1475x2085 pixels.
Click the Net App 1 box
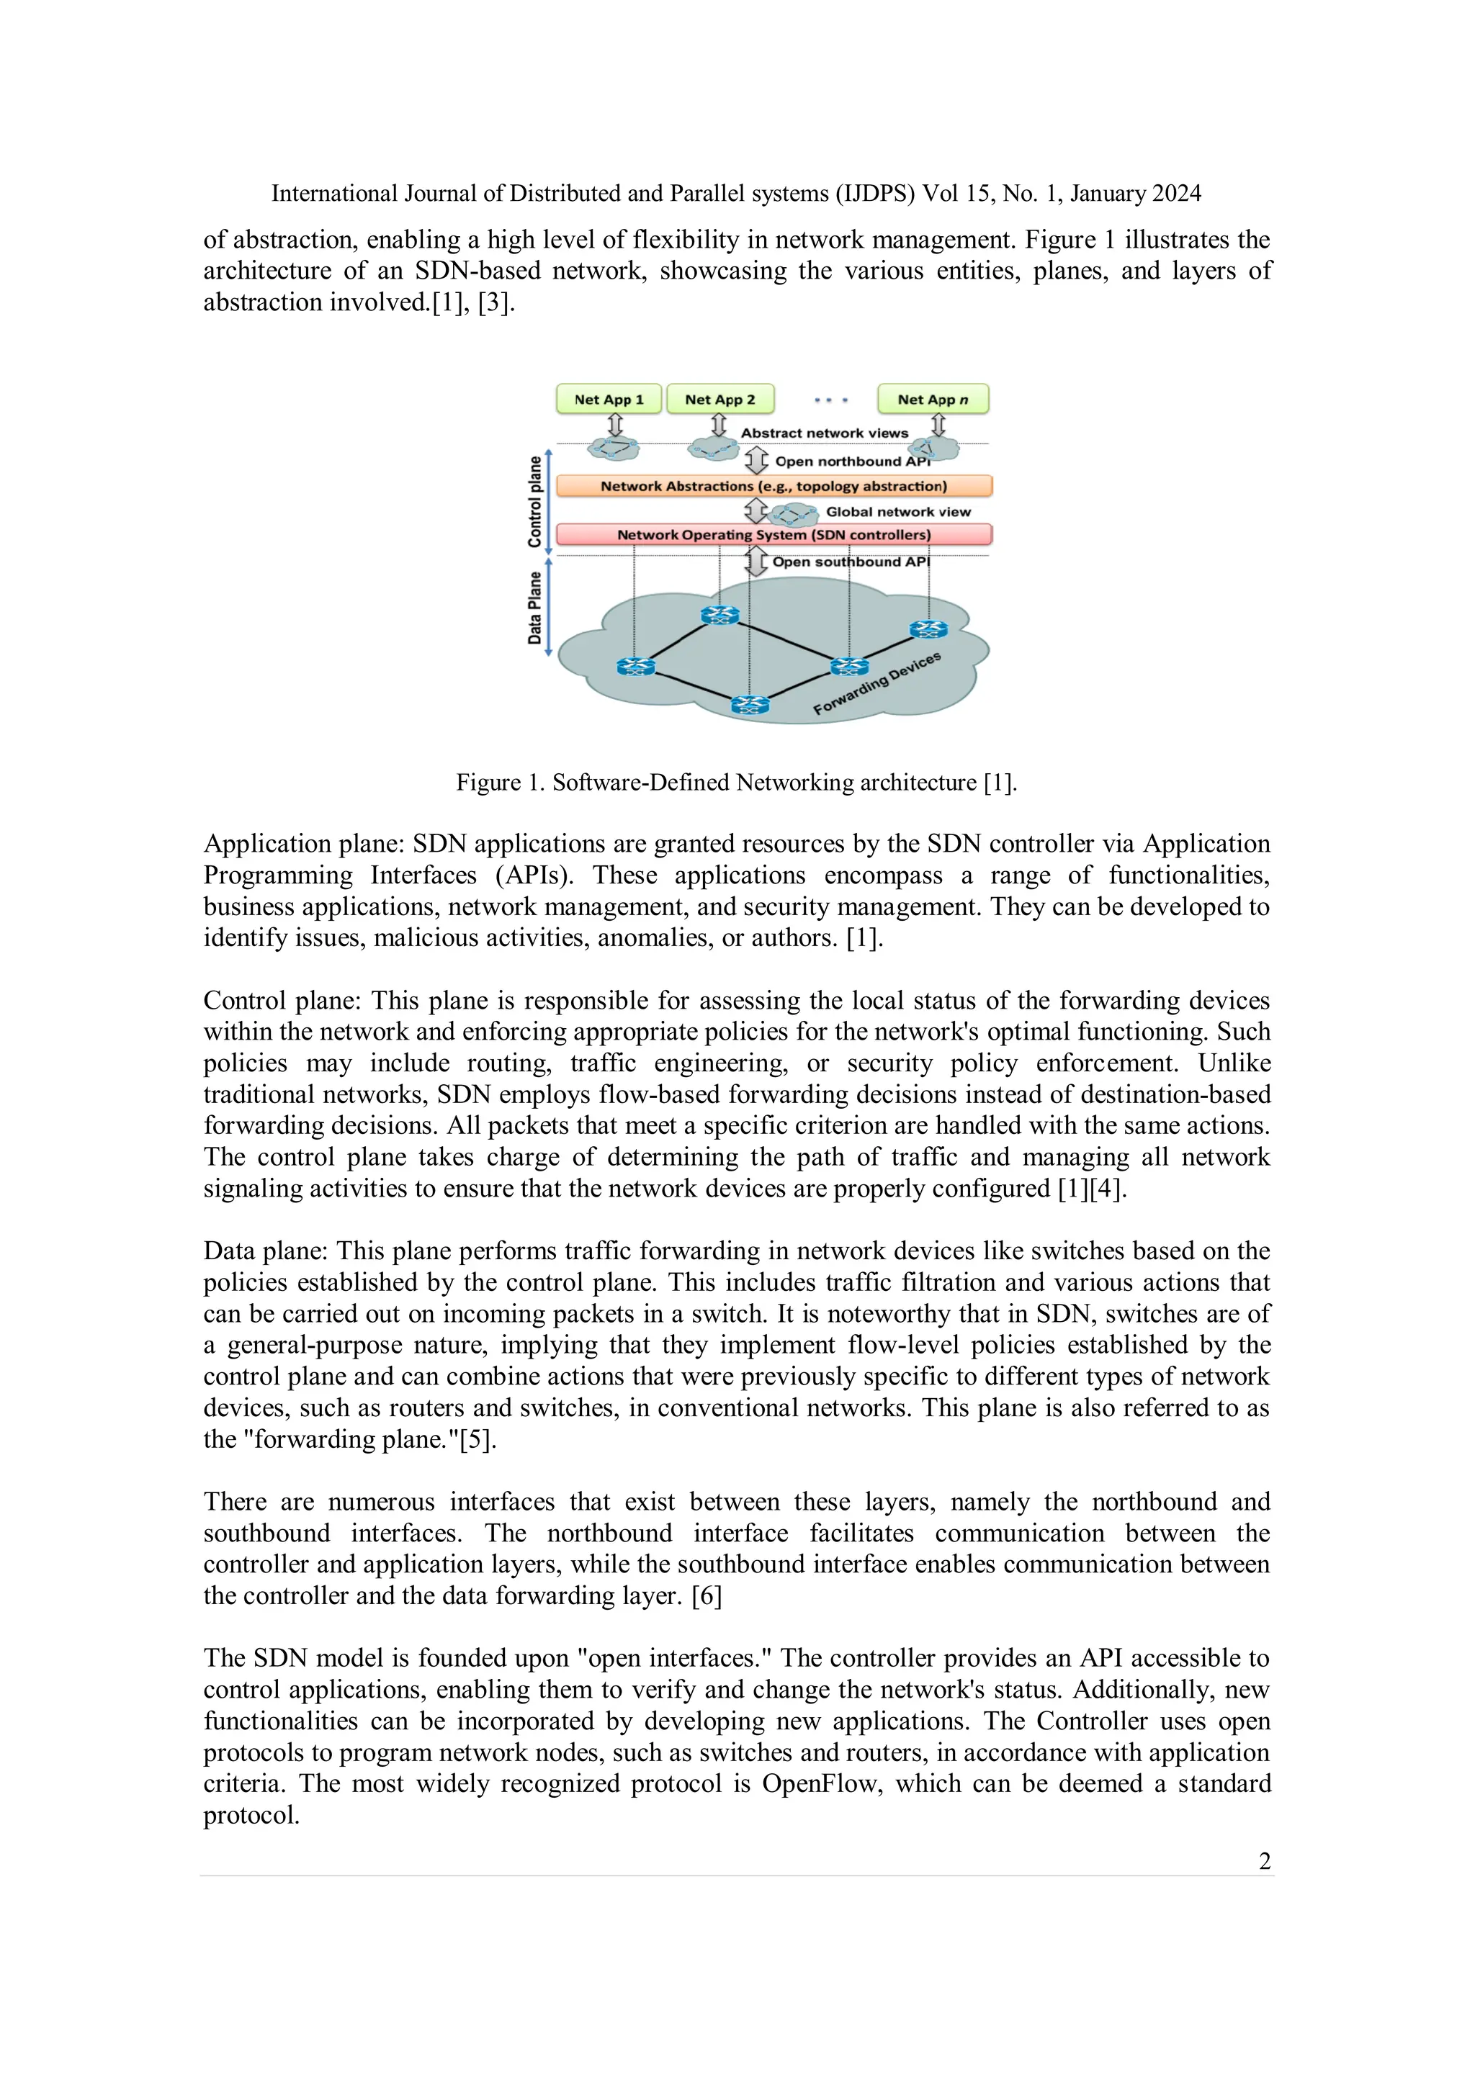click(x=609, y=400)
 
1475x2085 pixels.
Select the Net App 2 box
click(x=719, y=400)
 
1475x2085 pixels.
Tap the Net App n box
click(x=933, y=400)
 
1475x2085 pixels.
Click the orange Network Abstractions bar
click(x=774, y=487)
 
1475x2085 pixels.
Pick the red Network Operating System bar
click(x=774, y=535)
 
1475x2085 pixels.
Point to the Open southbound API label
click(x=851, y=562)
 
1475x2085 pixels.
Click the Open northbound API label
click(x=852, y=461)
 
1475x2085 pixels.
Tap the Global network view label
click(x=897, y=512)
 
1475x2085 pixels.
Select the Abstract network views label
click(x=824, y=433)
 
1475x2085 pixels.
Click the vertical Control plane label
click(x=535, y=501)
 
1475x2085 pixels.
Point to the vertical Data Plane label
click(x=535, y=608)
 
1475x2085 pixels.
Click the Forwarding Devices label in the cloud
click(x=877, y=683)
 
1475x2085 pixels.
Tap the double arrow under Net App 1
click(x=615, y=425)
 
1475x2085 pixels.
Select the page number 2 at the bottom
click(x=1264, y=1862)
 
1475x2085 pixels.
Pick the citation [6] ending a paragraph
click(x=707, y=1595)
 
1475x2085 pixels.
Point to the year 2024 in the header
click(x=1175, y=194)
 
